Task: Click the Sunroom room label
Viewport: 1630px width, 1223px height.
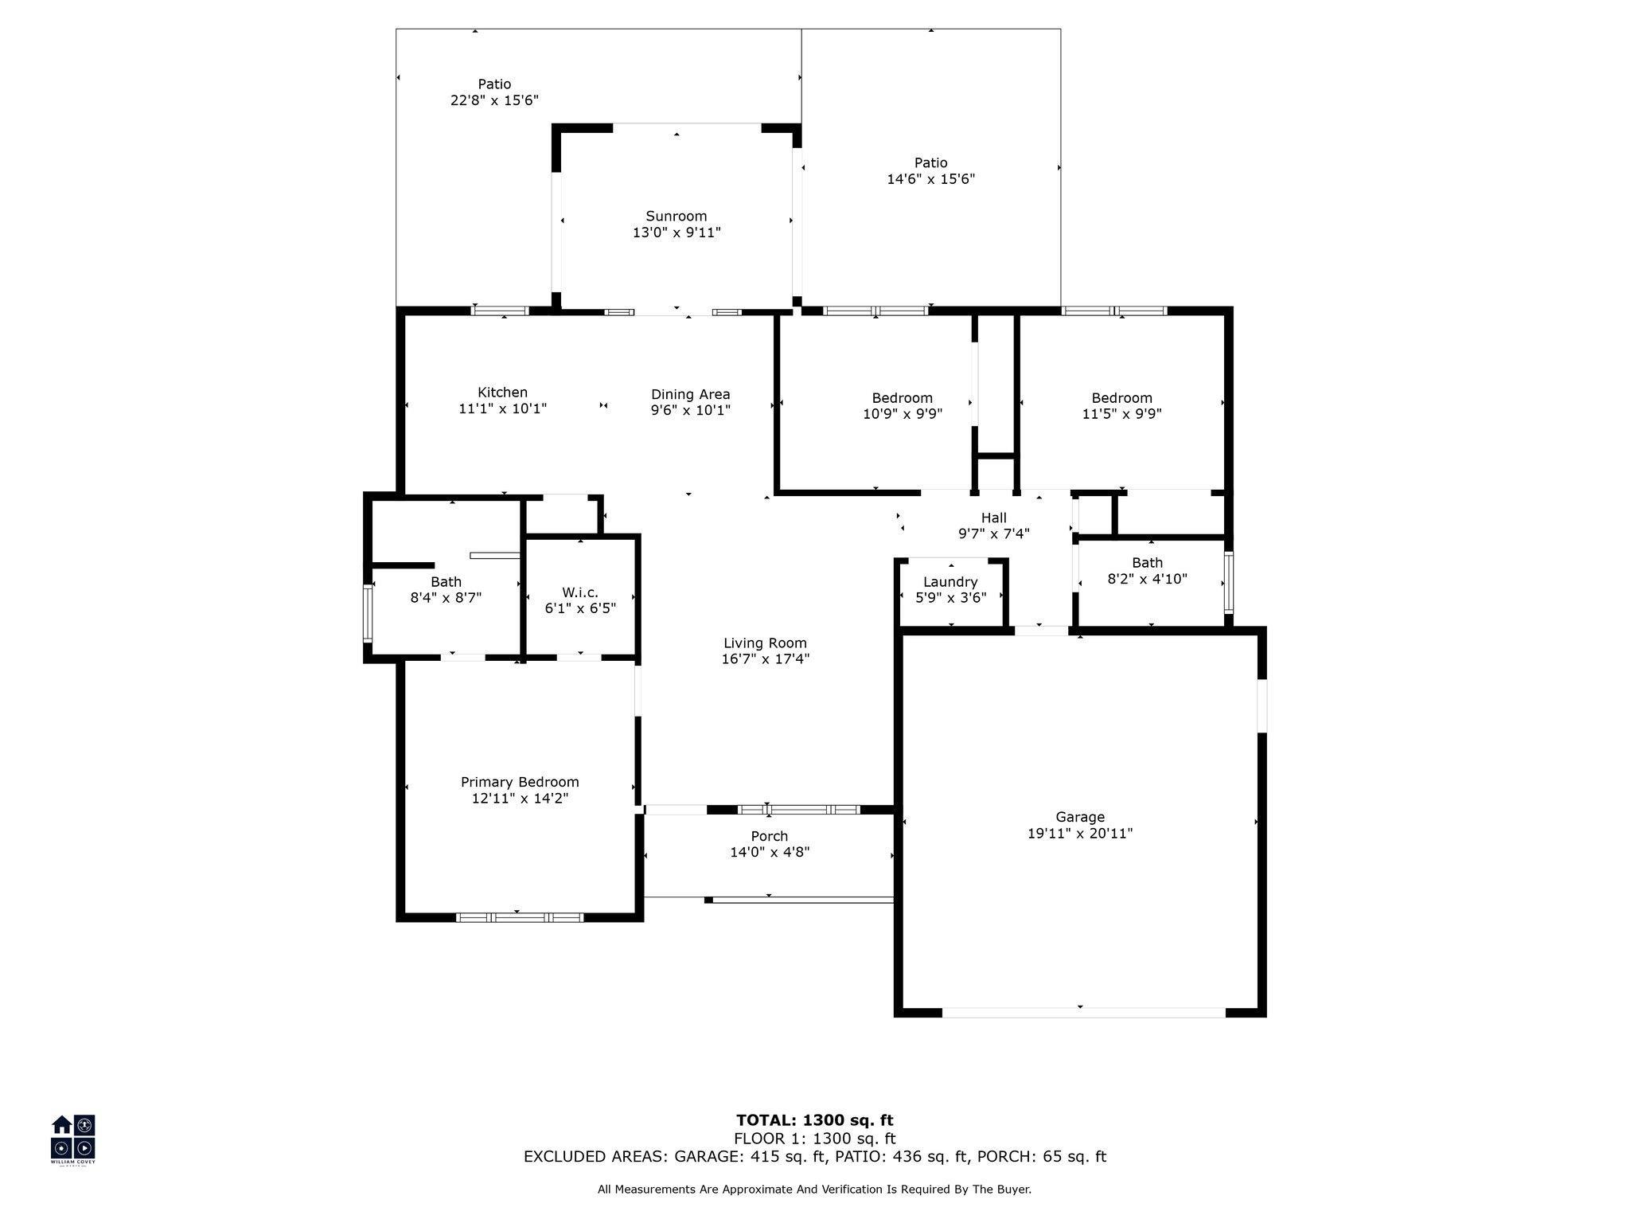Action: tap(677, 216)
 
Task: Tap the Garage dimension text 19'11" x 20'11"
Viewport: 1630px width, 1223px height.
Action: tap(1080, 834)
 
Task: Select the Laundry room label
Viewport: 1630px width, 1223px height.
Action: tap(950, 582)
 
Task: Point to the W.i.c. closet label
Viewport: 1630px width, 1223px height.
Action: tap(580, 592)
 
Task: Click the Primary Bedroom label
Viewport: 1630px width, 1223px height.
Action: tap(520, 783)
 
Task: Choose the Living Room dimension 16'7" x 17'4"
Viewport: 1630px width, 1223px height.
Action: tap(765, 658)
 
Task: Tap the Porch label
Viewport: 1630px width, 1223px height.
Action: tap(770, 836)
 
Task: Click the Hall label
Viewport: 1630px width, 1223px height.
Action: tap(994, 518)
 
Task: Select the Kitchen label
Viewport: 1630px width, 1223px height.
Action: tap(502, 392)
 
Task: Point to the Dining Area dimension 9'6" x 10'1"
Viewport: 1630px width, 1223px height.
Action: tap(691, 410)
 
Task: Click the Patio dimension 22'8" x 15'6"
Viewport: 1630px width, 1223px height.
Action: tap(494, 100)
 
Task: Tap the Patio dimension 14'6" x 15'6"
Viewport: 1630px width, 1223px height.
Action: tap(931, 179)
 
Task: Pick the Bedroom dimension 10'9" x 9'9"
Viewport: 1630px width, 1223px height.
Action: tap(903, 414)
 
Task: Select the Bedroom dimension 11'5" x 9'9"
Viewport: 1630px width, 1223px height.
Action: tap(1121, 414)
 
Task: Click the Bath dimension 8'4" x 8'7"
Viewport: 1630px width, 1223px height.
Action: tap(446, 597)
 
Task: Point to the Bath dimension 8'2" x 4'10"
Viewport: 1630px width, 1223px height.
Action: tap(1147, 579)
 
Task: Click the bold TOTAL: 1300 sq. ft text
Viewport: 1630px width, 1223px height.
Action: tap(815, 1120)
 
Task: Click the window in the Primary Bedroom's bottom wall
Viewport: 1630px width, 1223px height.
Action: tap(519, 917)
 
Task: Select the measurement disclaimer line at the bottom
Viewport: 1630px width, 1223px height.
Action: tap(814, 1190)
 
